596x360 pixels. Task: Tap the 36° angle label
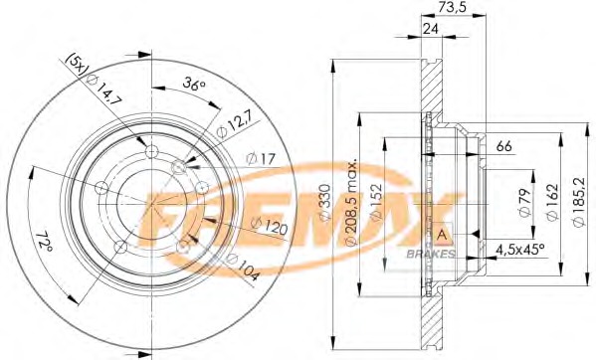point(193,84)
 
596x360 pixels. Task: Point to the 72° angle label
point(45,242)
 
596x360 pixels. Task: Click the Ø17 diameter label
point(261,158)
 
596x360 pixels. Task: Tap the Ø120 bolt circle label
point(270,226)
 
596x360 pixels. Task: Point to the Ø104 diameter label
point(243,268)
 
